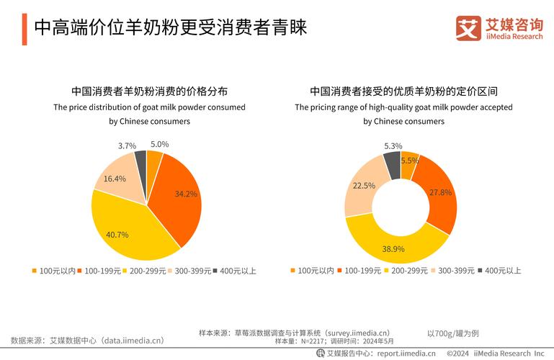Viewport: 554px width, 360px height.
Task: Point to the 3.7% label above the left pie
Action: click(x=127, y=145)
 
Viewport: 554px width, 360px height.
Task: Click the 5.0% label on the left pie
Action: click(x=159, y=144)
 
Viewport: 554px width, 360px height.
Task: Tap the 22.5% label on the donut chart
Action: click(x=363, y=185)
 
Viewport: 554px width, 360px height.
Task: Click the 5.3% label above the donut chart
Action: click(x=393, y=145)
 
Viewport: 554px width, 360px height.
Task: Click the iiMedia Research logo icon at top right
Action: click(x=468, y=28)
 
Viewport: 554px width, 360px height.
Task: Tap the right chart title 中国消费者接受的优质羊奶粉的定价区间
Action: click(x=403, y=91)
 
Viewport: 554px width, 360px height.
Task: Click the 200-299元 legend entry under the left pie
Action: click(x=148, y=271)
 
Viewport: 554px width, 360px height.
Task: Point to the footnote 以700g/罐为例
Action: click(x=452, y=333)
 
